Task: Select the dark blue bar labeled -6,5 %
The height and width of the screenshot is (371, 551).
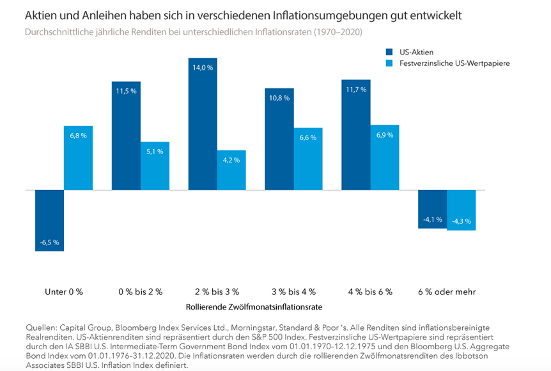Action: tap(49, 220)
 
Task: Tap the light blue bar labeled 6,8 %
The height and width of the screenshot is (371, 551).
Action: tap(78, 158)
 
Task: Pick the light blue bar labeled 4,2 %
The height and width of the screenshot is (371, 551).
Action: tap(231, 170)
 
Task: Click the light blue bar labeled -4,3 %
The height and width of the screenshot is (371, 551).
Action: tap(461, 210)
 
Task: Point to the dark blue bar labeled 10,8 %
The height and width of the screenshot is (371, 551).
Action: tap(279, 139)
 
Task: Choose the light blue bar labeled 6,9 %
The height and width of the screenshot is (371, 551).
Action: tap(384, 157)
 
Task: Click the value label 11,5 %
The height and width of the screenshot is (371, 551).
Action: tap(126, 91)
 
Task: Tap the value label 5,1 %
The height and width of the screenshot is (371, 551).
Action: tap(155, 152)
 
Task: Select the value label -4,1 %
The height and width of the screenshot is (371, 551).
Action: tap(432, 219)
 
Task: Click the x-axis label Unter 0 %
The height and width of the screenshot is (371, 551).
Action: tap(64, 291)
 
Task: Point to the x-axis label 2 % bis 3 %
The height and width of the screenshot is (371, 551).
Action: tap(217, 291)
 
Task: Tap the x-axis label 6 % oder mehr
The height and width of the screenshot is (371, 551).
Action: tap(447, 291)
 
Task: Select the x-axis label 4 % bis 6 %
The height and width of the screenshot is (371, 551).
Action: tap(370, 291)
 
